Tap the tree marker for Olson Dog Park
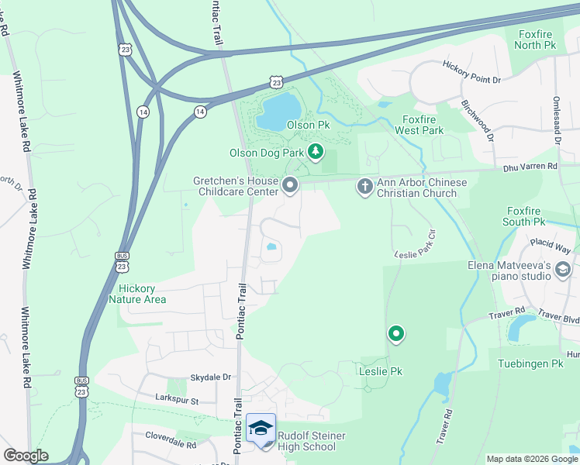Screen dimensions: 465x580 click(315, 151)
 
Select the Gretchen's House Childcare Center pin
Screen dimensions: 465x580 click(290, 184)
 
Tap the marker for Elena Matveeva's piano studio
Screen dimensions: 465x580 click(563, 270)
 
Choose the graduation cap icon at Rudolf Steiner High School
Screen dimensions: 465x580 click(261, 428)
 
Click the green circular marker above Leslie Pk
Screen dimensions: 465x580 click(396, 334)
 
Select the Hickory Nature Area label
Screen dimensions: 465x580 click(137, 294)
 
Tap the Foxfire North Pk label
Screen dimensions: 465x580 click(540, 40)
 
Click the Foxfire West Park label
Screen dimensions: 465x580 click(419, 125)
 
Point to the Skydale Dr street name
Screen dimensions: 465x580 click(211, 377)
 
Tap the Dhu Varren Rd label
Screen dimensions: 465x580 click(530, 166)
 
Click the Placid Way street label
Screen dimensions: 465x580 click(551, 246)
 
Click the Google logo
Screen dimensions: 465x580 click(26, 456)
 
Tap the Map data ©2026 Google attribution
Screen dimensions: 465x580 click(531, 459)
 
